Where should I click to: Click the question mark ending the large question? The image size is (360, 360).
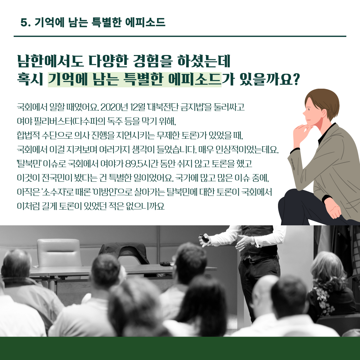296,79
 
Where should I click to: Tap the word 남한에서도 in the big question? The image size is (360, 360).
50,61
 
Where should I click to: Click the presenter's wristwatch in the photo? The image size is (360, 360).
253,241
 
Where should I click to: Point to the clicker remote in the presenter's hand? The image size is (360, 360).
204,238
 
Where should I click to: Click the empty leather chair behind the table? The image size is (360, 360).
59,253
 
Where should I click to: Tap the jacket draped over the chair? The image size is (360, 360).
124,253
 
